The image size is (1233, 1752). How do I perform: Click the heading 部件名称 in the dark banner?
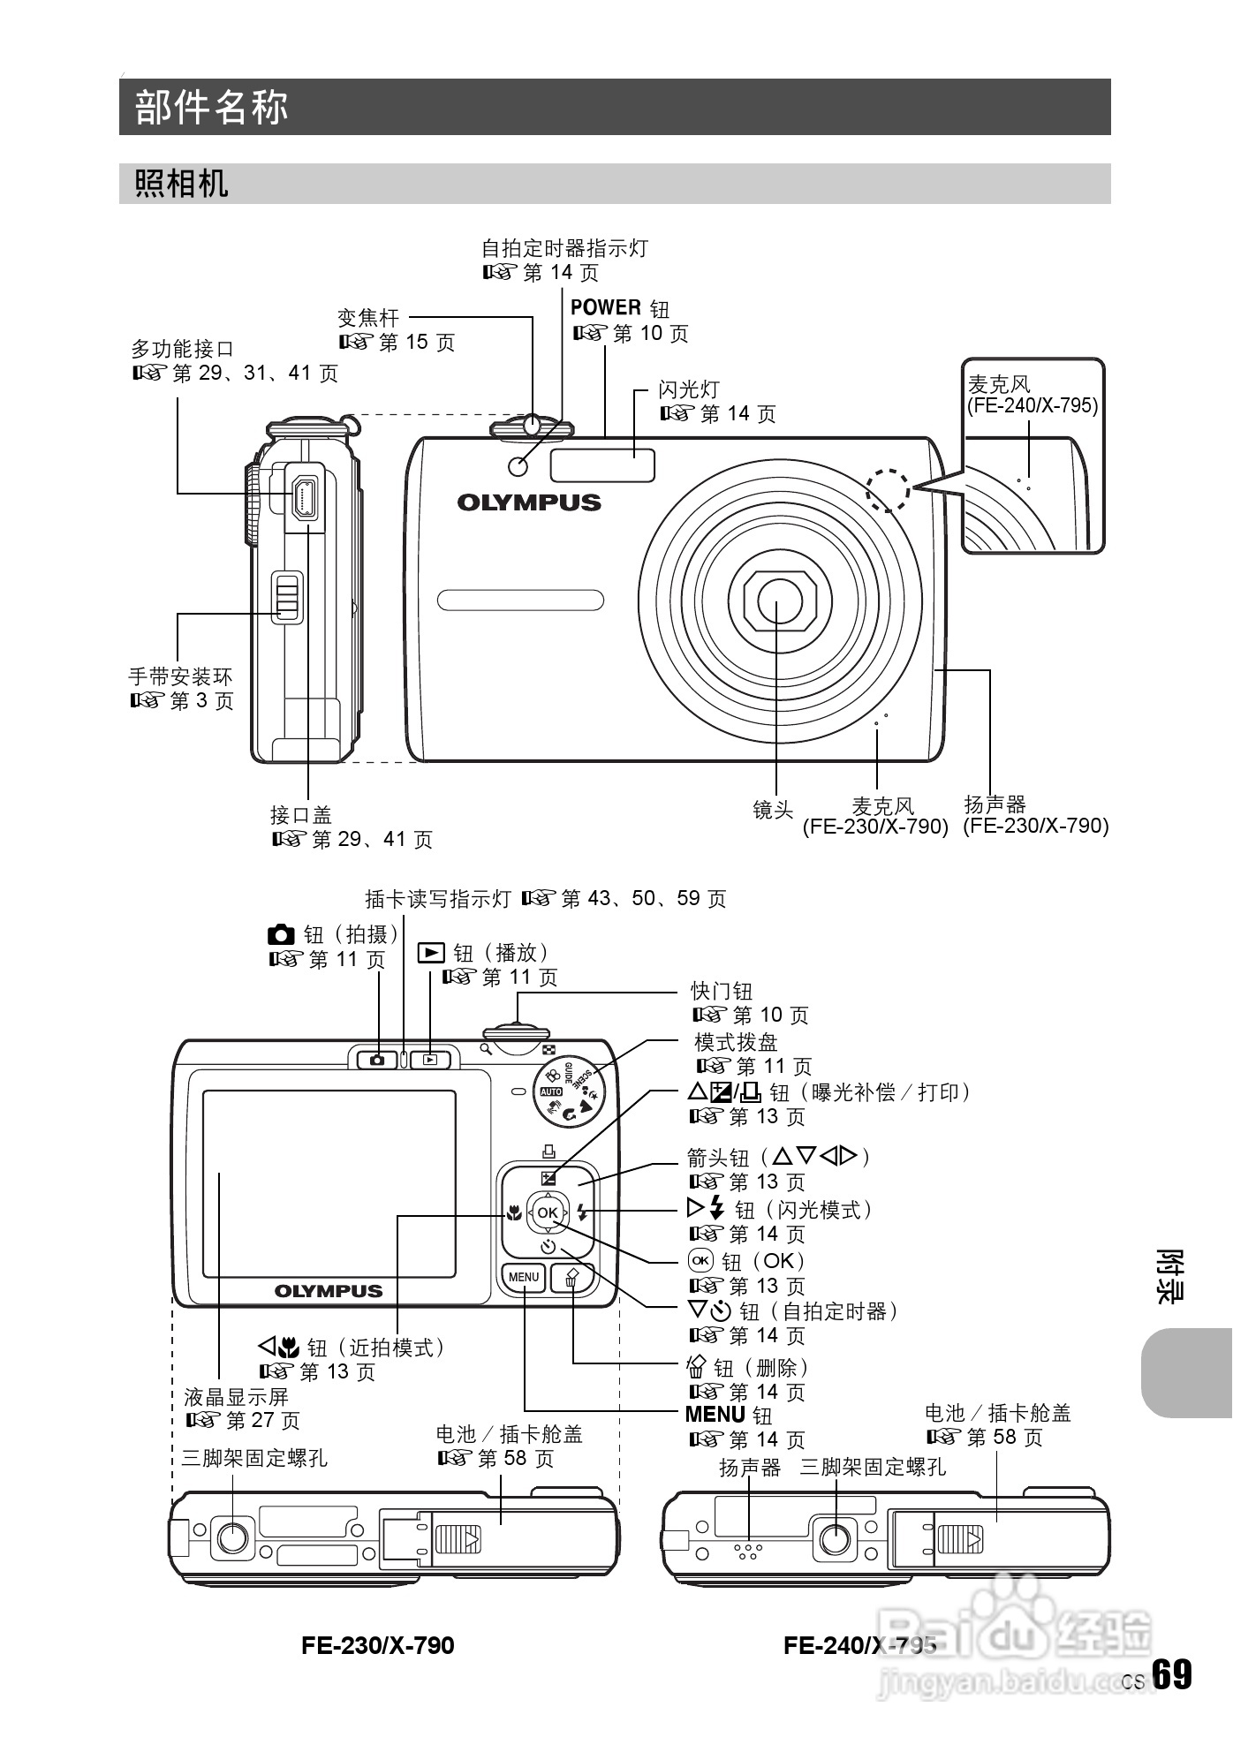(x=212, y=107)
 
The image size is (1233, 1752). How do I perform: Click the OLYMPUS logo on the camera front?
(x=528, y=502)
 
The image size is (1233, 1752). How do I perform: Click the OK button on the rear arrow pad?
(x=548, y=1212)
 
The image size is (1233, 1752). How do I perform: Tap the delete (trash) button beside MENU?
(x=572, y=1278)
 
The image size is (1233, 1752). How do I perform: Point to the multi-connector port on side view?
(x=305, y=497)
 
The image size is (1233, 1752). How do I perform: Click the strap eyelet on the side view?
(x=286, y=597)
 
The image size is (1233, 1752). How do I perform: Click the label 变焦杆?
(x=368, y=317)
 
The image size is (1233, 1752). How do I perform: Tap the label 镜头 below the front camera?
(x=773, y=809)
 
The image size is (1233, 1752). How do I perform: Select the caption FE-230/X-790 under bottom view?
(x=377, y=1645)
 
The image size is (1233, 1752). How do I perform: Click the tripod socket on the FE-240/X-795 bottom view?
(x=836, y=1539)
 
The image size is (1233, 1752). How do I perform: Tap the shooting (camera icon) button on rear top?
(x=377, y=1059)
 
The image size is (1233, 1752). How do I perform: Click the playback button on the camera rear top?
(x=430, y=1059)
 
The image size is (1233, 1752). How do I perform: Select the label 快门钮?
(x=722, y=991)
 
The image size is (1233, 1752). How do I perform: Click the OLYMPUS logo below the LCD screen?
(x=329, y=1291)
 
